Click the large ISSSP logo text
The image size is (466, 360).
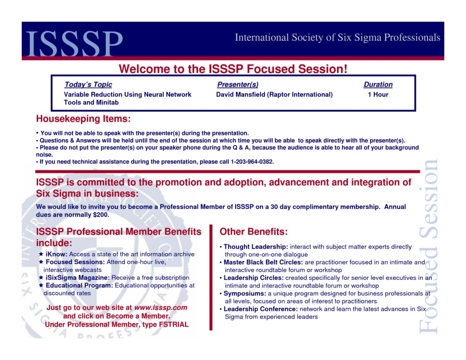[75, 44]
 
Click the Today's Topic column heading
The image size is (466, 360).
[88, 85]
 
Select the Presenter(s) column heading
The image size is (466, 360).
[238, 85]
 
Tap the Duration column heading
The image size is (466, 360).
[378, 85]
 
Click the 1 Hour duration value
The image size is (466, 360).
[378, 95]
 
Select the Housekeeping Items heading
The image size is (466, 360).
[83, 119]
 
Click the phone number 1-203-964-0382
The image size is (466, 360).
[252, 162]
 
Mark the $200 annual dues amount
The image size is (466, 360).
[101, 214]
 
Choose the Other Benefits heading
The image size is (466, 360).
[253, 232]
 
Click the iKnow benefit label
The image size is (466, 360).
[56, 254]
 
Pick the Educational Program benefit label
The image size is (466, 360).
[79, 285]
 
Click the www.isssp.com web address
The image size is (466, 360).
[161, 308]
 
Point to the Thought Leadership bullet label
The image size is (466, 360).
[256, 247]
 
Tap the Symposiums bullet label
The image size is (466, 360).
[244, 294]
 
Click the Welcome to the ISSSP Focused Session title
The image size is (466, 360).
[233, 69]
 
